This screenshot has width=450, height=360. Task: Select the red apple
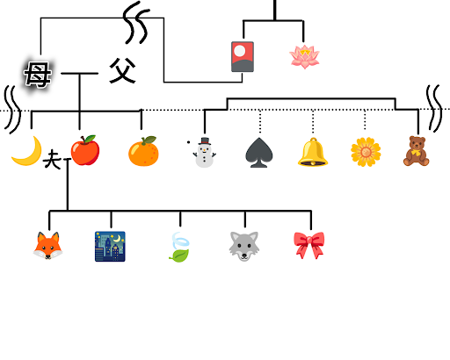tap(85, 150)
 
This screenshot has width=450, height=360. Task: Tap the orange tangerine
tap(143, 151)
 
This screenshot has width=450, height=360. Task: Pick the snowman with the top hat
tap(205, 152)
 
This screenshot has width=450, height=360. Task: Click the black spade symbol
tap(259, 152)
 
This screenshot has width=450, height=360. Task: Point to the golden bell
tap(313, 152)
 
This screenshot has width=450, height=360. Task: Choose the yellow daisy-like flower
tap(366, 152)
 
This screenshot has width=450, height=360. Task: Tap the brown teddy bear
tap(417, 151)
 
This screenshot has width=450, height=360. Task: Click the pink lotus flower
tap(304, 57)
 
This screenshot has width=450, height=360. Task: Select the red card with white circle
tap(243, 57)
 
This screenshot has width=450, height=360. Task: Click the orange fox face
tap(47, 246)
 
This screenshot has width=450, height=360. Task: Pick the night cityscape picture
tap(110, 247)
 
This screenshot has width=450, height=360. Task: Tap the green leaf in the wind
tap(179, 256)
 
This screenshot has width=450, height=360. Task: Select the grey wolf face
tap(244, 246)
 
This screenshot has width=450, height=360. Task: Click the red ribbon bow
tap(309, 245)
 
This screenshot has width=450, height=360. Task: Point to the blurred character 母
tap(38, 75)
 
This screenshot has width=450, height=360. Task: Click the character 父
tap(122, 71)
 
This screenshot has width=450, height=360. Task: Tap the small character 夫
tap(52, 159)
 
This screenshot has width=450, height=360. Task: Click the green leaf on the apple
tap(90, 138)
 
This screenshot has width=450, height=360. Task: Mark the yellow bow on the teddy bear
tap(416, 153)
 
